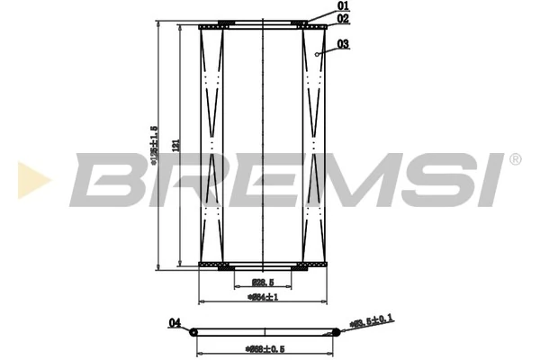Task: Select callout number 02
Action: [x=343, y=18]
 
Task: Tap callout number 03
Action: [x=344, y=43]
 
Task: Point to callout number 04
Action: [x=175, y=322]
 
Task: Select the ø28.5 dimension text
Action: [x=261, y=283]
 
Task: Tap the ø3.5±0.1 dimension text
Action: [x=371, y=320]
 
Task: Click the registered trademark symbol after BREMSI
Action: [x=515, y=159]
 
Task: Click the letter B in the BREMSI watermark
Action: [x=106, y=180]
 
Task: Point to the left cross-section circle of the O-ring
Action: [x=193, y=332]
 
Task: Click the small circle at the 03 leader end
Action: [x=319, y=55]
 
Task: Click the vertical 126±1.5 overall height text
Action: [x=155, y=144]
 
